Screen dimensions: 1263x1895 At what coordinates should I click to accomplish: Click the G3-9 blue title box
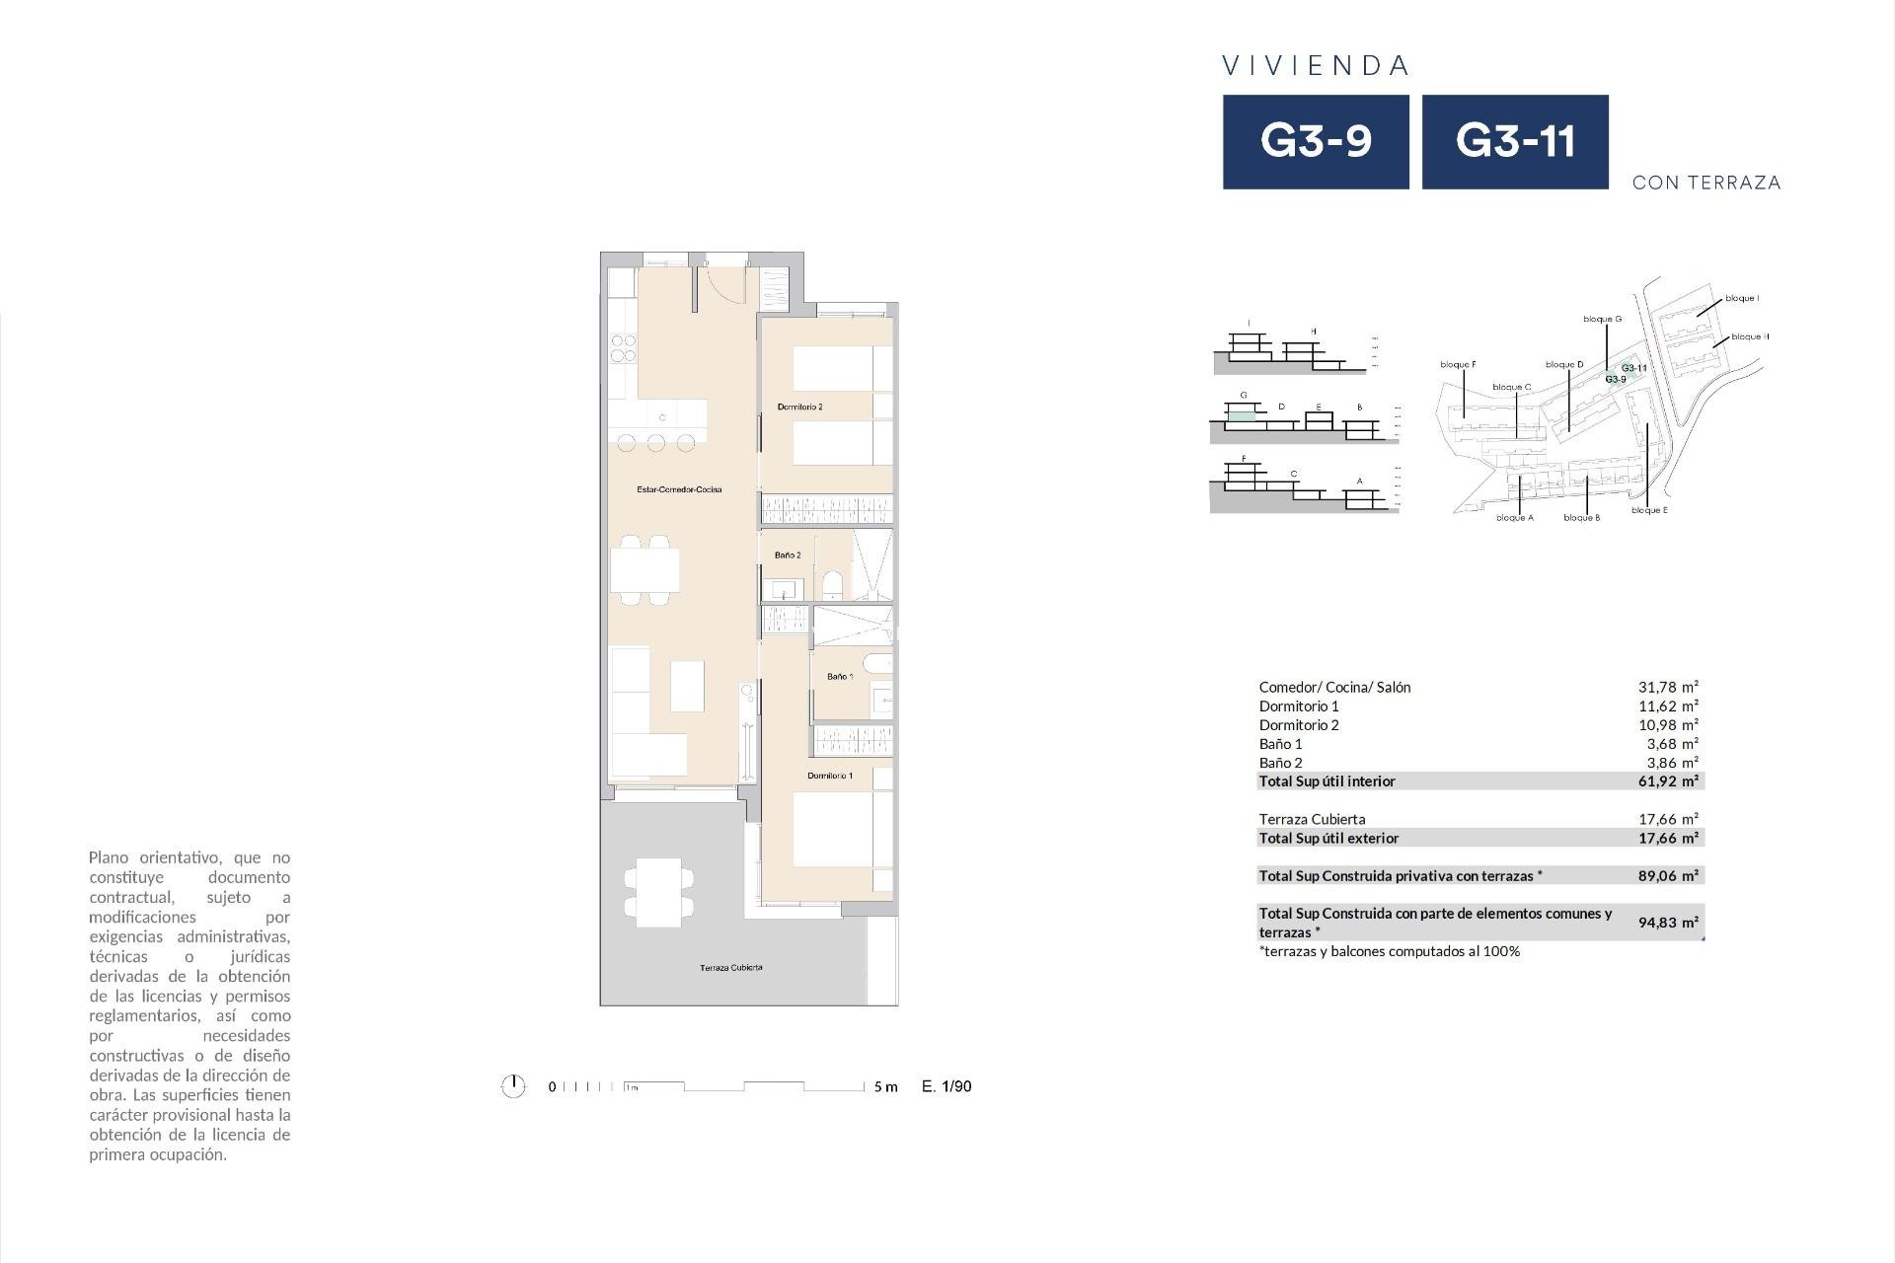pyautogui.click(x=1316, y=142)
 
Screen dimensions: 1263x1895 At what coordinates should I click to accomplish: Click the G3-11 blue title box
pyautogui.click(x=1515, y=142)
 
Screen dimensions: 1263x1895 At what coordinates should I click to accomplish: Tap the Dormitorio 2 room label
pyautogui.click(x=799, y=407)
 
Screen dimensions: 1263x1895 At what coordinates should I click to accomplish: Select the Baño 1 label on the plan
pyautogui.click(x=840, y=677)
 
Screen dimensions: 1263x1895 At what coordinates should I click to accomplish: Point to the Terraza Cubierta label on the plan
pyautogui.click(x=730, y=968)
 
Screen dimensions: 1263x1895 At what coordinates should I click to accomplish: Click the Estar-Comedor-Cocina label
pyautogui.click(x=679, y=489)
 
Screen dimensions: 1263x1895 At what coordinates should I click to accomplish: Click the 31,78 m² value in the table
pyautogui.click(x=1668, y=687)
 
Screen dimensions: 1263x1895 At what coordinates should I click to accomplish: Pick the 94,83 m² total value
pyautogui.click(x=1668, y=923)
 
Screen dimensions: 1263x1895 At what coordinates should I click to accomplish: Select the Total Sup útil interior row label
pyautogui.click(x=1326, y=781)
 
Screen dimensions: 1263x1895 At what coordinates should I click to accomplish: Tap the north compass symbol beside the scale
pyautogui.click(x=513, y=1086)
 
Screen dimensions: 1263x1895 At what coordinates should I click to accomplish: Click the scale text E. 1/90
pyautogui.click(x=947, y=1086)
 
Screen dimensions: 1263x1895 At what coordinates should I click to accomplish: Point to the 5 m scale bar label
pyautogui.click(x=885, y=1087)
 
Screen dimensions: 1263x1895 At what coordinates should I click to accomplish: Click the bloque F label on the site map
pyautogui.click(x=1458, y=365)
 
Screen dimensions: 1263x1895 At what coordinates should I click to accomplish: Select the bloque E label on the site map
pyautogui.click(x=1649, y=510)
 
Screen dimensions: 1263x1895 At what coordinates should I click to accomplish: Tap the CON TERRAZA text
pyautogui.click(x=1706, y=183)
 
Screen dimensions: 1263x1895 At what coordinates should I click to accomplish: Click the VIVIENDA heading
pyautogui.click(x=1316, y=66)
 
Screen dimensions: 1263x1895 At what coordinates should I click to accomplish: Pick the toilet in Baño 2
pyautogui.click(x=832, y=585)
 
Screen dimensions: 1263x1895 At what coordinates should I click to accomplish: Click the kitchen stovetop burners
pyautogui.click(x=623, y=348)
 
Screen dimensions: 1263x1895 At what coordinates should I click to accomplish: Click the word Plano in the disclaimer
pyautogui.click(x=110, y=857)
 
